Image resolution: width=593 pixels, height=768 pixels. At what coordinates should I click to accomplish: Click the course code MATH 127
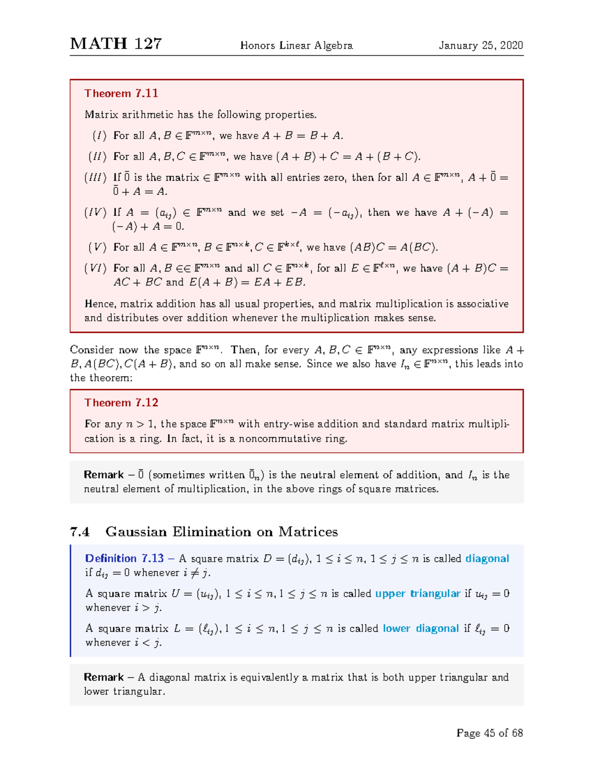coord(116,44)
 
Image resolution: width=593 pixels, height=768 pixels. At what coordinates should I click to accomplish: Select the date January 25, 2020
coord(480,45)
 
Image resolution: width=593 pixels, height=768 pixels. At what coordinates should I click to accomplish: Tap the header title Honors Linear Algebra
coord(296,45)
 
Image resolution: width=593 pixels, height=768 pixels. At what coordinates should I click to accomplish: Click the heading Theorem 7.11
coord(121,93)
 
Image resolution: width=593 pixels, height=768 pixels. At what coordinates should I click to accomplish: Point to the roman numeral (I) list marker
coord(99,136)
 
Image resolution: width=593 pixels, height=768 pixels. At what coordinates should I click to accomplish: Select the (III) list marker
coord(95,178)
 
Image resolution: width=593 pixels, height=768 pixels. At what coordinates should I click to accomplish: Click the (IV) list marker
coord(95,213)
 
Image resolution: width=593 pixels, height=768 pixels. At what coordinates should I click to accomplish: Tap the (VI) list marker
coord(95,269)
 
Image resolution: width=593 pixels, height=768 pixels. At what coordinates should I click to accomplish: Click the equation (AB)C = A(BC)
coord(394,247)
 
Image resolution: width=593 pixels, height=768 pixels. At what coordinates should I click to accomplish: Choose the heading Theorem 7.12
coord(121,403)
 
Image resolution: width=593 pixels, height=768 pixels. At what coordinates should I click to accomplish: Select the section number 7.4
coord(80,532)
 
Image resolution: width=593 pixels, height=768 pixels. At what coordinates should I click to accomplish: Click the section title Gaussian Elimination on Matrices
coord(221,532)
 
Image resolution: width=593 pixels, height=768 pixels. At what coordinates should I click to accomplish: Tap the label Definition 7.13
coord(124,558)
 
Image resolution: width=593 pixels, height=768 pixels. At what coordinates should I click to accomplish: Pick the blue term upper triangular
coord(418,593)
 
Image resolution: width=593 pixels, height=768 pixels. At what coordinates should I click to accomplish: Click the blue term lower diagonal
coord(421,629)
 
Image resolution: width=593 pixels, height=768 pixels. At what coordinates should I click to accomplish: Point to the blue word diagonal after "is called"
coord(487,558)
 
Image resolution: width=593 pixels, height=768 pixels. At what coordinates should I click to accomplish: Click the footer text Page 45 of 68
coord(489,733)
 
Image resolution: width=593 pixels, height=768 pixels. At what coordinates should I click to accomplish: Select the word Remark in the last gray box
coord(104,677)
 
